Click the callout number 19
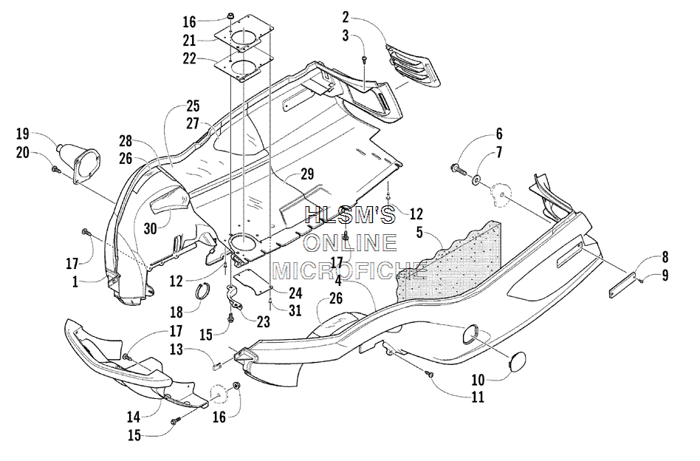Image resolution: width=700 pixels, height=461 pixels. (22, 134)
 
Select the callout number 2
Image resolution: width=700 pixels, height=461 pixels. (346, 18)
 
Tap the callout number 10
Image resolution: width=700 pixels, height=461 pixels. (478, 380)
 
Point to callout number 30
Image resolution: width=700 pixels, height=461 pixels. (150, 228)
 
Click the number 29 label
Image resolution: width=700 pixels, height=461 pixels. (307, 174)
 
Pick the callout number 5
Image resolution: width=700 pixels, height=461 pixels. (419, 232)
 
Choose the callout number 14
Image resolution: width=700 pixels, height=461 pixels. (134, 417)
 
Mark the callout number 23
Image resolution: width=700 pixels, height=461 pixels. (264, 321)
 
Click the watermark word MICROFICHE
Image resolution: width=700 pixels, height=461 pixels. (349, 270)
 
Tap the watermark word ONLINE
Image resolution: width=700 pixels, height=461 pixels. (350, 243)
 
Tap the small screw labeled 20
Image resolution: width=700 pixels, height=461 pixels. (56, 169)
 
